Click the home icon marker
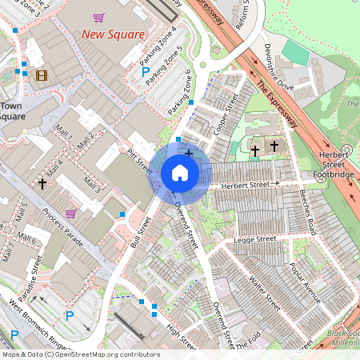[180, 172]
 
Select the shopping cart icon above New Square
[98, 18]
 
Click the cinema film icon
[41, 74]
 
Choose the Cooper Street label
[226, 114]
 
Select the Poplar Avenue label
[306, 279]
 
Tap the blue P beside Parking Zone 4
[146, 72]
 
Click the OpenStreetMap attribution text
[80, 354]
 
